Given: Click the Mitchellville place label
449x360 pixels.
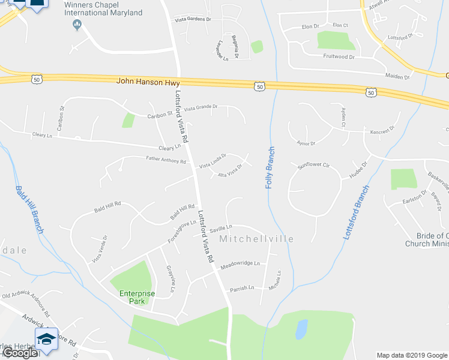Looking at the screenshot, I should [x=256, y=239].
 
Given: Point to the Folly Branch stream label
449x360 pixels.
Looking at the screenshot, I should [x=270, y=168].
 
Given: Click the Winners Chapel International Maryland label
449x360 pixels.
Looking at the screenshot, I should [x=103, y=8].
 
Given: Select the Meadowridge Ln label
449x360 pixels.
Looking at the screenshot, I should [x=240, y=263].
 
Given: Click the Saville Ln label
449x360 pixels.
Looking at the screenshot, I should [x=221, y=227].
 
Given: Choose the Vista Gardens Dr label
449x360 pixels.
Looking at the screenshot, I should [x=193, y=19].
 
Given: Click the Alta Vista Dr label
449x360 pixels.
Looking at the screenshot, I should [x=230, y=171].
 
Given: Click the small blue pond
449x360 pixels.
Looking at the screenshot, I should [x=301, y=329].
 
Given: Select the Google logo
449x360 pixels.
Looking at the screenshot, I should [x=19, y=353].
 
